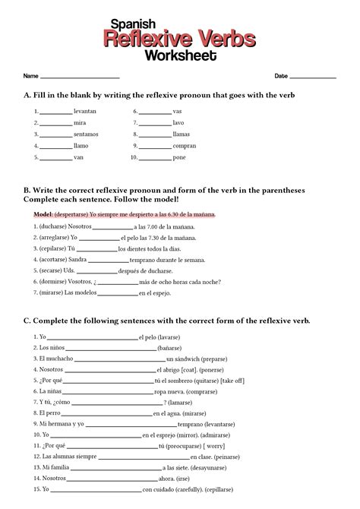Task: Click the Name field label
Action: tap(30, 77)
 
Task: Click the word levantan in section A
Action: tap(84, 111)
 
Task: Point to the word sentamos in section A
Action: tap(87, 134)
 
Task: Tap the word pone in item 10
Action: tap(178, 157)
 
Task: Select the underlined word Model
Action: tap(43, 215)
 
